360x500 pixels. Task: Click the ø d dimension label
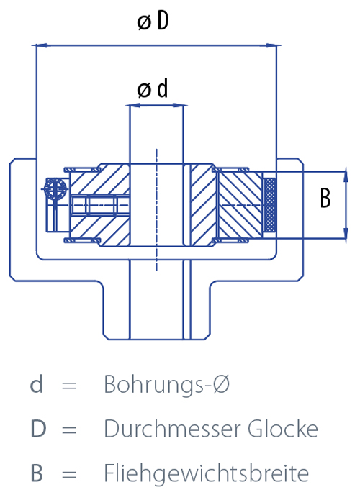(153, 88)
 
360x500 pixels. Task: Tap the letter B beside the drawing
(325, 198)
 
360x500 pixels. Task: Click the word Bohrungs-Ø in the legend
(166, 384)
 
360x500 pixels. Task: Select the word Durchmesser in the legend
(172, 429)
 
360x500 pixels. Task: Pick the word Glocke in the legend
(283, 429)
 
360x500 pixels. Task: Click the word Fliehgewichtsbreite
(207, 473)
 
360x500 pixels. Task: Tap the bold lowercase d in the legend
(37, 384)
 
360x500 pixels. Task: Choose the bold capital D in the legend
(38, 429)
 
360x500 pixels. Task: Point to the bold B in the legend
(37, 473)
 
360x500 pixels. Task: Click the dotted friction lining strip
(270, 205)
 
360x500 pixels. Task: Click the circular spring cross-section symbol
(55, 189)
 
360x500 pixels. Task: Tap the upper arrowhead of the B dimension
(346, 176)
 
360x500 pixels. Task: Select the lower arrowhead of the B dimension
(346, 234)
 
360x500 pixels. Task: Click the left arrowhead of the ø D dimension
(42, 45)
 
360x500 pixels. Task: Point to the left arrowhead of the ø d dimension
(135, 105)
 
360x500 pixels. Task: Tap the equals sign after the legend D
(69, 429)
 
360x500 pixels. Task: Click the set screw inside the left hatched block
(101, 205)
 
